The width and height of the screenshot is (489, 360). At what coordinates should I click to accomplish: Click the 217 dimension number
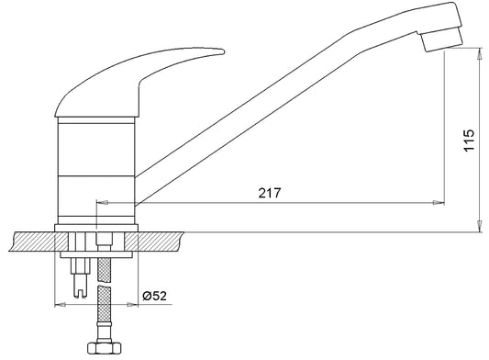tap(270, 193)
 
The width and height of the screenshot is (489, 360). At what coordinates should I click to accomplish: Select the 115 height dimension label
tap(469, 140)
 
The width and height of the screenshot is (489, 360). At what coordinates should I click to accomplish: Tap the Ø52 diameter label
tap(155, 296)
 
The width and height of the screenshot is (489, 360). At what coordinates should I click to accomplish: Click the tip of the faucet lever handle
tap(223, 51)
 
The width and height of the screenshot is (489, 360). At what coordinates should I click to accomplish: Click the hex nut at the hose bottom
tap(103, 347)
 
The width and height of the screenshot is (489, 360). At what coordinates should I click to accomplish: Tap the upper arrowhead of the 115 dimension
tap(479, 53)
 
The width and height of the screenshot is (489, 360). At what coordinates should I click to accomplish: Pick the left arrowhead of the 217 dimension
tap(102, 203)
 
